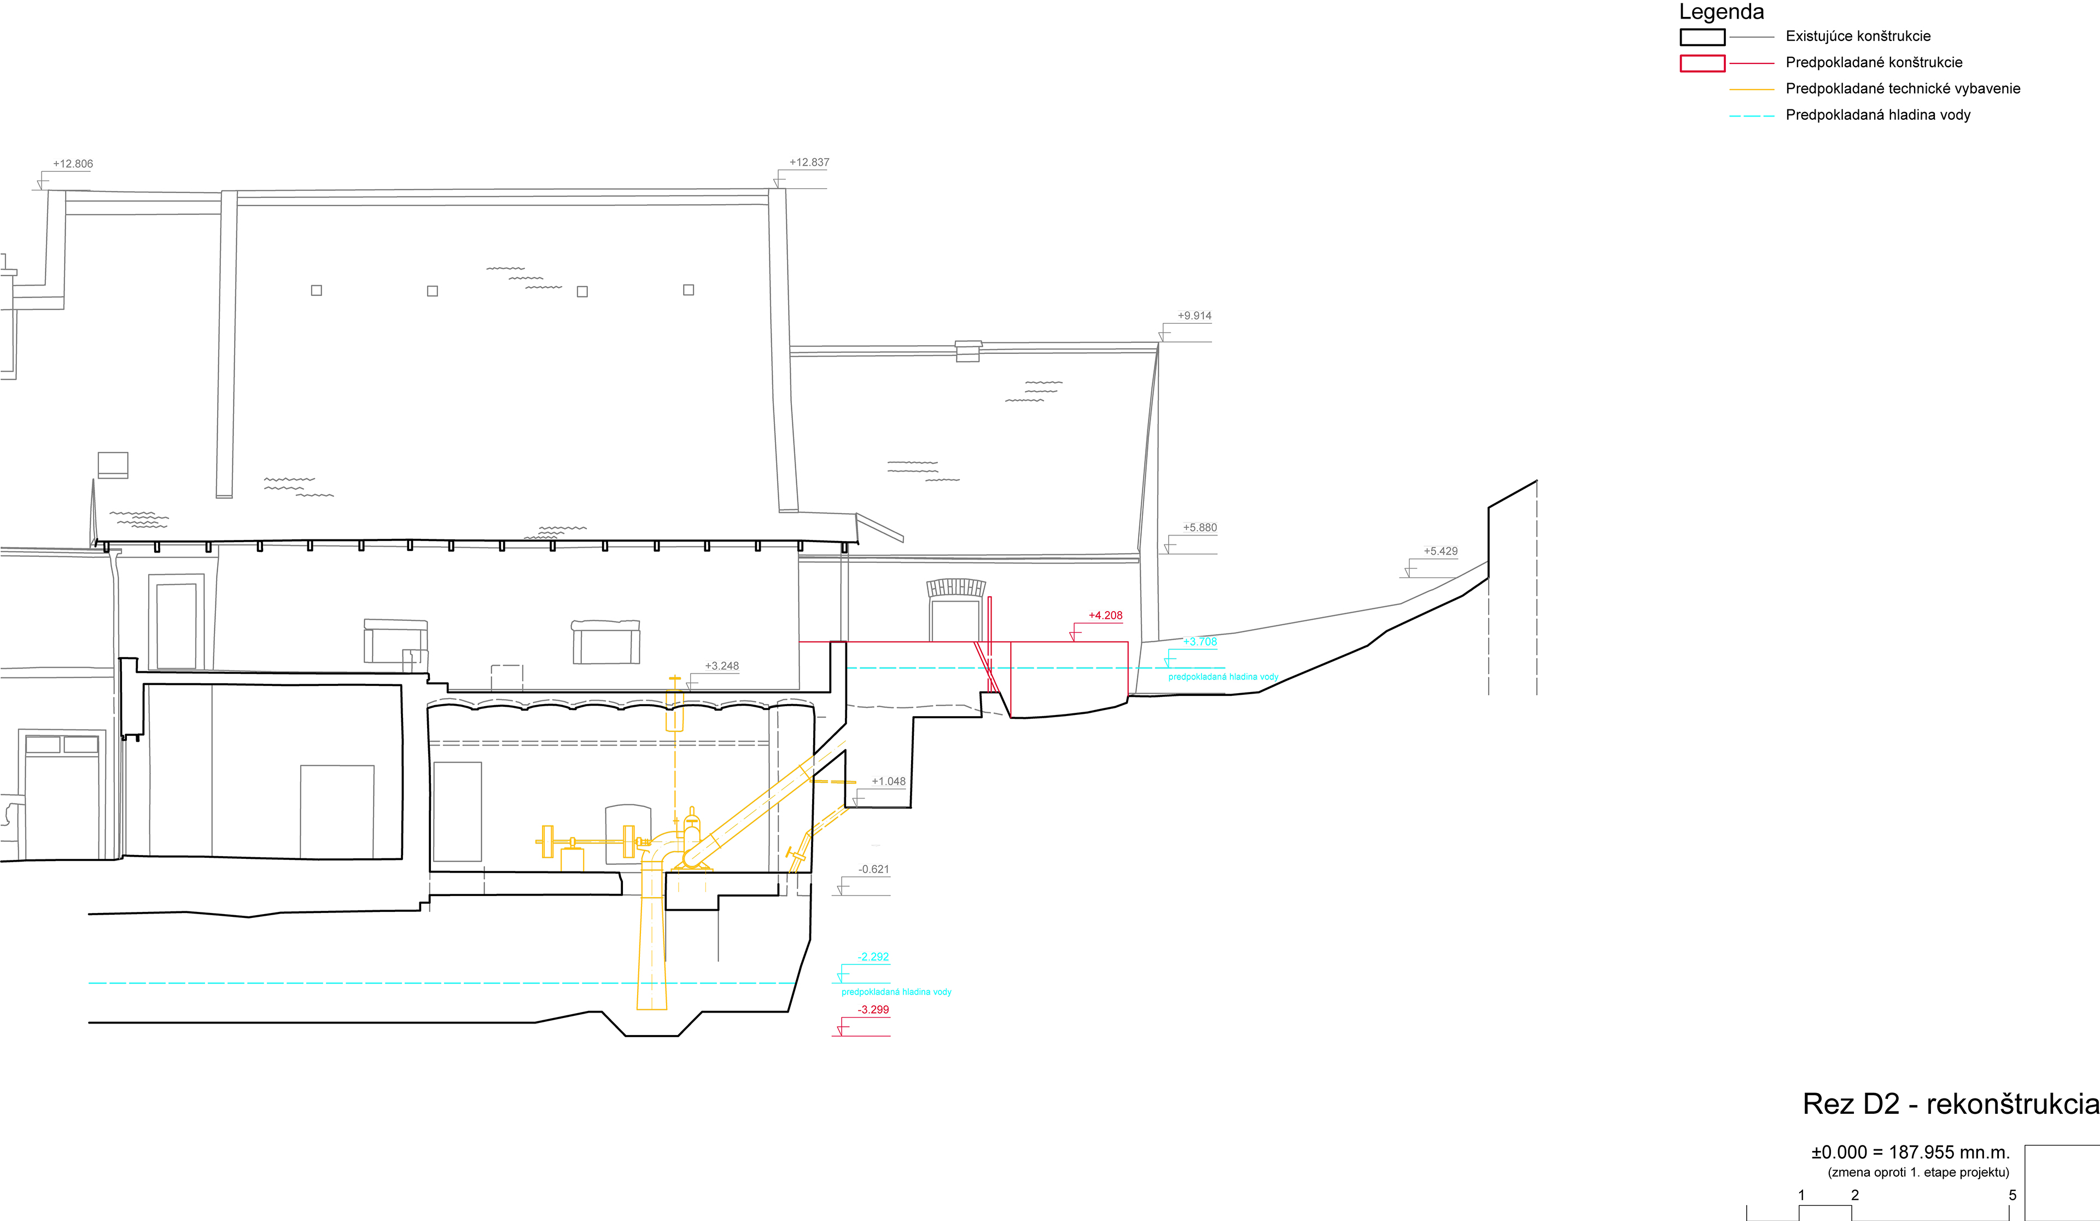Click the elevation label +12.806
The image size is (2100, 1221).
click(73, 164)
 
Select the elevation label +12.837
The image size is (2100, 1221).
click(809, 162)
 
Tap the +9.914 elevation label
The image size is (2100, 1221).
click(1194, 316)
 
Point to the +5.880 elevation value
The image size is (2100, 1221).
click(1199, 527)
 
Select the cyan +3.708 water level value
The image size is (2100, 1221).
click(1199, 642)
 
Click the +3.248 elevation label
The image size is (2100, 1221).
click(722, 666)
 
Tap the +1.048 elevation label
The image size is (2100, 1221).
click(888, 782)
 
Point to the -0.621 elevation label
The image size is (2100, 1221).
click(873, 869)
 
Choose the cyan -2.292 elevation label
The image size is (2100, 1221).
click(873, 957)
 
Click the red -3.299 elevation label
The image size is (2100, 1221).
click(873, 1009)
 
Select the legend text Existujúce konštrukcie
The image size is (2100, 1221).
click(1858, 36)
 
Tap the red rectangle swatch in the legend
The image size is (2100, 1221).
click(1702, 63)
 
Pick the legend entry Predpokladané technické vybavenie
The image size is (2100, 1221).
click(1903, 88)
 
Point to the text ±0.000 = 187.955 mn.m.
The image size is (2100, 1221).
click(1910, 1152)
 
